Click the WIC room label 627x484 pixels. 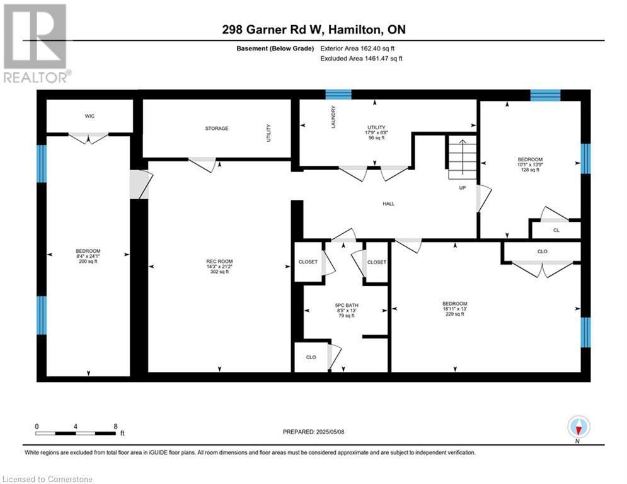89,116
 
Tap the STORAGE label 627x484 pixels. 217,129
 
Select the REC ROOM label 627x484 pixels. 219,261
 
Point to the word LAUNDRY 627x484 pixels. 333,117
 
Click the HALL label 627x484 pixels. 389,204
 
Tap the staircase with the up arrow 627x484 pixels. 463,158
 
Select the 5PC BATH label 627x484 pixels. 347,305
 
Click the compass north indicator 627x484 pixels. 578,427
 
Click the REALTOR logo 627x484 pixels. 35,43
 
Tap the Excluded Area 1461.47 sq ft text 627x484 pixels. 362,59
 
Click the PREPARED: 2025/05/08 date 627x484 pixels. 314,432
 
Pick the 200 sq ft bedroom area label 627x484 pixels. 88,262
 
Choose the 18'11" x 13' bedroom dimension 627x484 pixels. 455,309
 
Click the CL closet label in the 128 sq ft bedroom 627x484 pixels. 556,231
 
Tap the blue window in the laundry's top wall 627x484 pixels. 338,95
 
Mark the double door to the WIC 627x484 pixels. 88,138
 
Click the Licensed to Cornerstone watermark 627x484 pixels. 47,479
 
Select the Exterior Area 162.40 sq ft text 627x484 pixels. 357,49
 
